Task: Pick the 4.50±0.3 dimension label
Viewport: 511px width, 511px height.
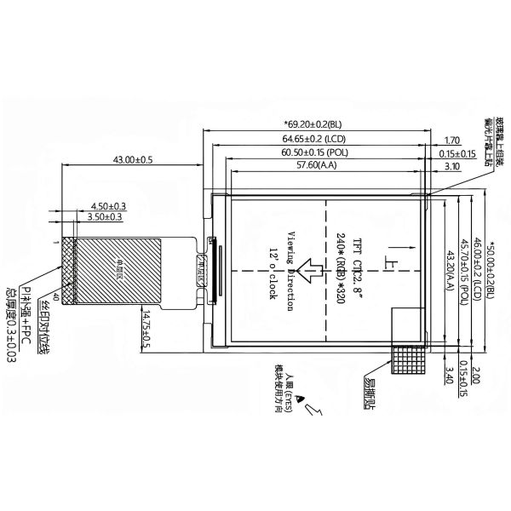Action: point(107,206)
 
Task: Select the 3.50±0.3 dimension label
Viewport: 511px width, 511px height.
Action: point(104,217)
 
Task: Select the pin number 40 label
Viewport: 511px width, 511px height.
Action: point(57,296)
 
